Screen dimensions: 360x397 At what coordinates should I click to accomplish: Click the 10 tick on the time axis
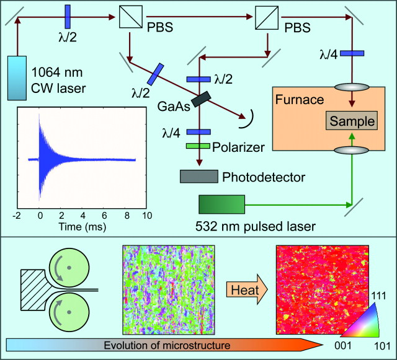click(147, 216)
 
